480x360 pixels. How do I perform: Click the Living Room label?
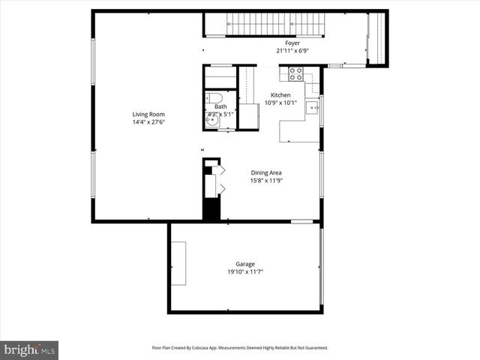(148, 114)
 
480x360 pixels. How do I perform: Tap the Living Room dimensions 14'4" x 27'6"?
(148, 121)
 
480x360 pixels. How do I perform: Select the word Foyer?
(292, 43)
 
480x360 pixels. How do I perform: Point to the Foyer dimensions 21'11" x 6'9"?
(292, 51)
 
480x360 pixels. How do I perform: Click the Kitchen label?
(280, 95)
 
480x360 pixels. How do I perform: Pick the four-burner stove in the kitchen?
(295, 74)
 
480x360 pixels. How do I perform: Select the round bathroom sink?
(211, 120)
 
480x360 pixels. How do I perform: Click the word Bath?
(220, 107)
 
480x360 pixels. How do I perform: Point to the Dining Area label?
(265, 173)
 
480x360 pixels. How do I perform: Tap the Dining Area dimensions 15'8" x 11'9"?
(265, 181)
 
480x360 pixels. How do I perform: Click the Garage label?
(245, 264)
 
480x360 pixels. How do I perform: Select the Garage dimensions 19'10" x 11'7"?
(245, 271)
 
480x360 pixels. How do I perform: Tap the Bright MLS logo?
(30, 349)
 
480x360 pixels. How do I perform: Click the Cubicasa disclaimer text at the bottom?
(240, 347)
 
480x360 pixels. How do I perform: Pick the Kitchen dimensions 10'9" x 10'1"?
(280, 103)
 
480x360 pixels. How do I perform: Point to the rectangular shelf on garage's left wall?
(178, 262)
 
